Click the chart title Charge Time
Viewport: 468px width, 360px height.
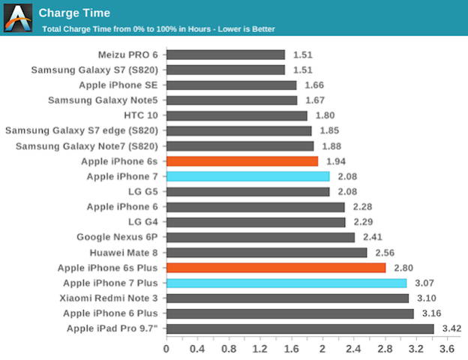point(74,13)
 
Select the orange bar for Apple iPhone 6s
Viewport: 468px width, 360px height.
point(241,161)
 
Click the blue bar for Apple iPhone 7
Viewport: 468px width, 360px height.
point(247,176)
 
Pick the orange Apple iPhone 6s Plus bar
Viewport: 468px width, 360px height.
point(275,268)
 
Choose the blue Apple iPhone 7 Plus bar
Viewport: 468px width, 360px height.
point(286,283)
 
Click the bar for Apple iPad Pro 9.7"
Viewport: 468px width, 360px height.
point(299,328)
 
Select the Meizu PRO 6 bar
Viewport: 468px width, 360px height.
point(225,55)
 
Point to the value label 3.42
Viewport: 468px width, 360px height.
point(451,328)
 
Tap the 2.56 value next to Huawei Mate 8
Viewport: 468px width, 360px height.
point(384,253)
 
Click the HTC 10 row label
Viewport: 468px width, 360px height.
point(141,115)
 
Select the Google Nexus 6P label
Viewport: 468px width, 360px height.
point(118,237)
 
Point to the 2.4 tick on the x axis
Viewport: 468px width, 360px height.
point(353,349)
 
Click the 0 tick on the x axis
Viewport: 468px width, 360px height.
point(166,349)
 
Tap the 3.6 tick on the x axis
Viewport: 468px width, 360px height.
point(446,349)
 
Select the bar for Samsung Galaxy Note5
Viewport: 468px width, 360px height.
point(231,100)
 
